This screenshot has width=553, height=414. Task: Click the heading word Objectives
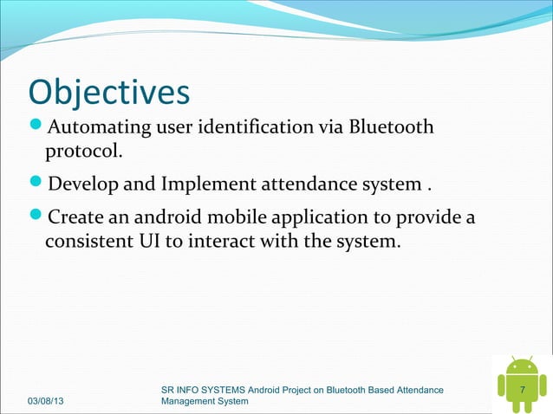108,93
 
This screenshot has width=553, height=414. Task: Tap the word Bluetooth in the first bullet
392,129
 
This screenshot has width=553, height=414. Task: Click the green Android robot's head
522,366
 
